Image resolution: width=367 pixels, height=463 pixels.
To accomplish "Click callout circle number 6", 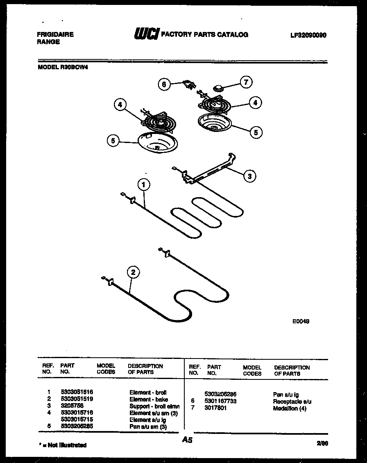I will pyautogui.click(x=164, y=84).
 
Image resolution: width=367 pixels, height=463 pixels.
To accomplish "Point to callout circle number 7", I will pyautogui.click(x=246, y=82).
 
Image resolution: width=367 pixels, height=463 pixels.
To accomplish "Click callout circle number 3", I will pyautogui.click(x=249, y=176).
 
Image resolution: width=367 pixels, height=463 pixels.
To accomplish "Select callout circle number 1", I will pyautogui.click(x=143, y=185).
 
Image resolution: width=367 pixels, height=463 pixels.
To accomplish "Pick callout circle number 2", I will pyautogui.click(x=133, y=272).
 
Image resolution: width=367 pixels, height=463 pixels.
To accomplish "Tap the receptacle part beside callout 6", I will pyautogui.click(x=188, y=84).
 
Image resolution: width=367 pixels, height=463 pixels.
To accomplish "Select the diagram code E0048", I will pyautogui.click(x=300, y=322).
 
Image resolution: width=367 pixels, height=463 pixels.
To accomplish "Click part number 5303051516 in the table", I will pyautogui.click(x=77, y=393).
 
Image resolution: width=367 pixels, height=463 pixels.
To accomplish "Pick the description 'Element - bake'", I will pyautogui.click(x=148, y=399).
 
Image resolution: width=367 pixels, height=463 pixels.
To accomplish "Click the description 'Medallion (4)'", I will pyautogui.click(x=289, y=409).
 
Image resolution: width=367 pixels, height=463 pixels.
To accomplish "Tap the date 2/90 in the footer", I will pyautogui.click(x=322, y=443).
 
